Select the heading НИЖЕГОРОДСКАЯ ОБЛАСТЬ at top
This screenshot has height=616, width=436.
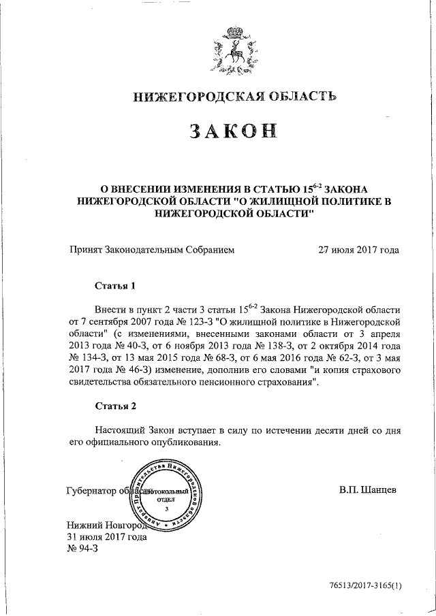pos(235,98)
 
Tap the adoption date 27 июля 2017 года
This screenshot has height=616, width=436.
pos(358,250)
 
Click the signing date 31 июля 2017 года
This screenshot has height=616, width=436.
pos(106,536)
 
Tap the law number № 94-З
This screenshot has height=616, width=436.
pos(82,549)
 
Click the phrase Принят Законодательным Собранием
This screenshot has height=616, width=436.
pos(152,250)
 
